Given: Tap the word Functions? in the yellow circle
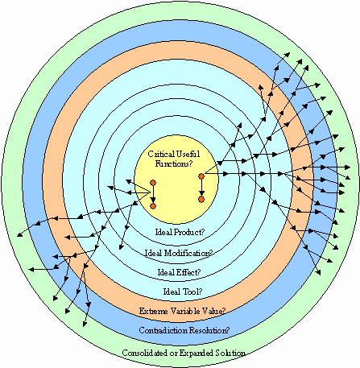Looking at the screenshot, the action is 174,163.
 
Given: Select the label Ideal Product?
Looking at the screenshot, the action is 180,232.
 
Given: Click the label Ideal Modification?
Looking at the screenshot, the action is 179,253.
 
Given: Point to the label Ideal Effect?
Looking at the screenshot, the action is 179,272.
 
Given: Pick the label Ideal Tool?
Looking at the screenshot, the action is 183,292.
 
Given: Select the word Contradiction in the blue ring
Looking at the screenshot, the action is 163,330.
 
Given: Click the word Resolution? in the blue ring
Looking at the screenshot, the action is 210,330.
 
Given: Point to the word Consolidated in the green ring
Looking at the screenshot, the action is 144,353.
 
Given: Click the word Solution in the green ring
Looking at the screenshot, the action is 230,353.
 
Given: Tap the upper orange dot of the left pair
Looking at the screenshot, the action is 153,183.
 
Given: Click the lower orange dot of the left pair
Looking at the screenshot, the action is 153,206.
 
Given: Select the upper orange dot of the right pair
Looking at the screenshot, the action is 201,176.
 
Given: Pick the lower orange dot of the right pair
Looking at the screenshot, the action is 201,199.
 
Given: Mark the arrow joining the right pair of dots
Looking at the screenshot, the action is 201,188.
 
